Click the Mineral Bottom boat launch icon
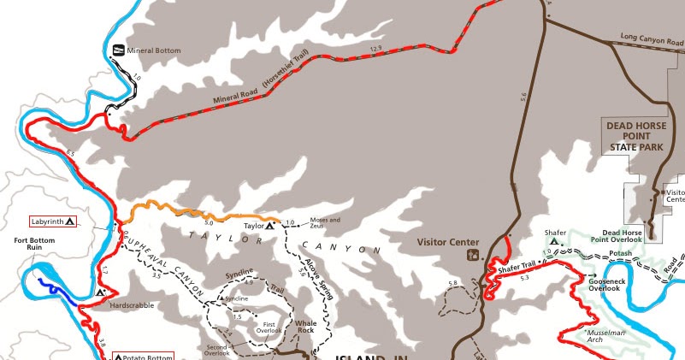pos(119,50)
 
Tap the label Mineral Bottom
pos(154,50)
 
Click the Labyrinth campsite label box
pos(54,221)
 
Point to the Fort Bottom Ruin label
pos(35,245)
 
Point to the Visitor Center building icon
pos(471,255)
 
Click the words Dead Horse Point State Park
pos(635,136)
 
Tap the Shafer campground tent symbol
pos(554,243)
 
